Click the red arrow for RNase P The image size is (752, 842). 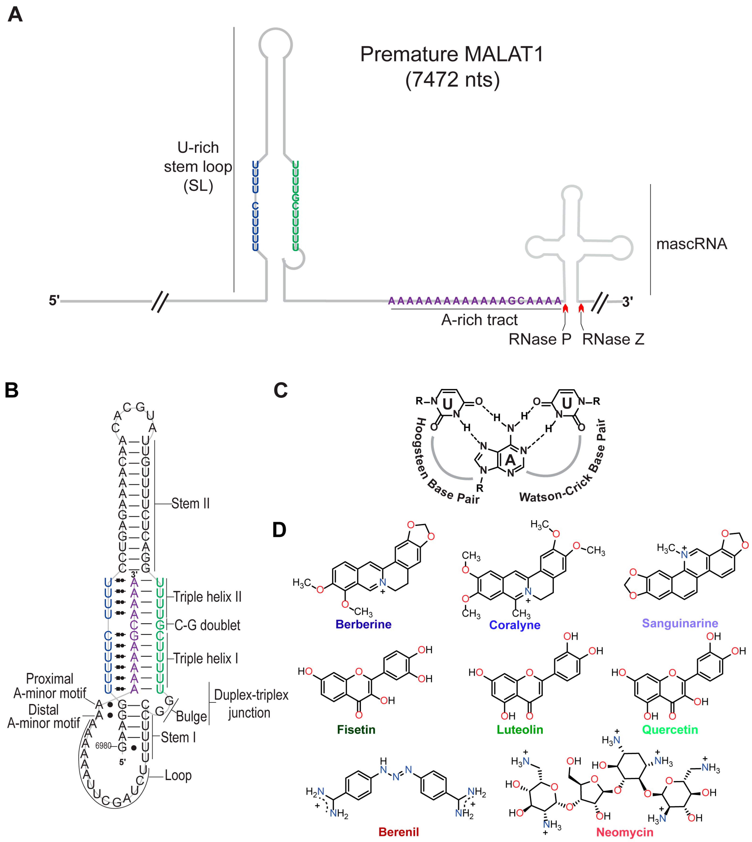565,308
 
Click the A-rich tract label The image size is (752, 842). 479,320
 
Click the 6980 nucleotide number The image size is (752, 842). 103,746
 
